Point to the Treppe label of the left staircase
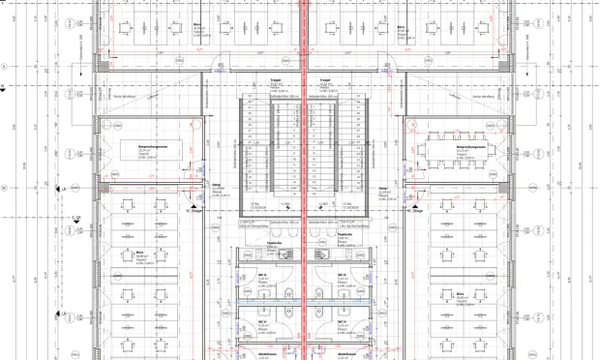pyautogui.click(x=276, y=82)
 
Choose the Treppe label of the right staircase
pyautogui.click(x=324, y=82)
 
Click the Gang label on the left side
pyautogui.click(x=218, y=188)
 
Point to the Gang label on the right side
pyautogui.click(x=382, y=188)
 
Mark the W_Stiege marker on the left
pyautogui.click(x=196, y=206)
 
